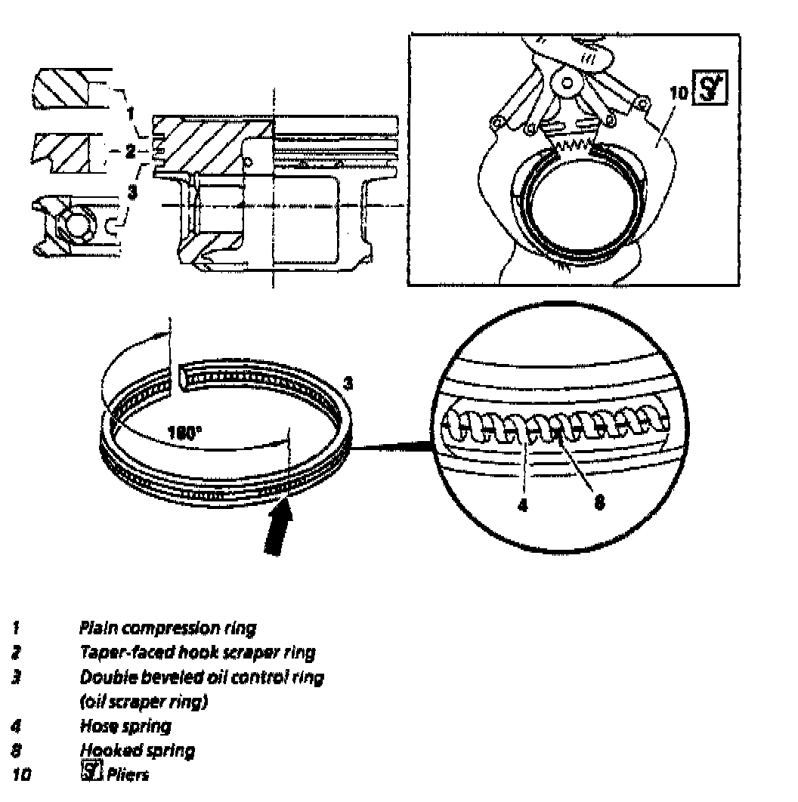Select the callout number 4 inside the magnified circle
coord(523,505)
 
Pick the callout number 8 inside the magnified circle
coord(599,504)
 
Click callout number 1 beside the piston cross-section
coord(131,114)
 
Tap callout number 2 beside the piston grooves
coord(130,152)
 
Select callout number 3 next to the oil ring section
coord(132,191)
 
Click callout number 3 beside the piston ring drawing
coord(348,383)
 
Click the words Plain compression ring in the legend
coord(167,627)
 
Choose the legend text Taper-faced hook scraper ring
coord(197,652)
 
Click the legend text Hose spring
coord(125,726)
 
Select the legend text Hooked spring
coord(137,750)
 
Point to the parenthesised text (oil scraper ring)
coord(144,702)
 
